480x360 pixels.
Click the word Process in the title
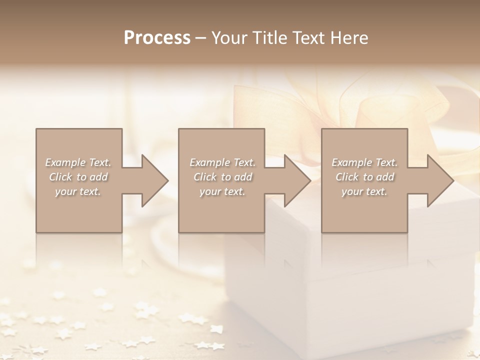(157, 37)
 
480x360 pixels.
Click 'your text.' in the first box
(78, 191)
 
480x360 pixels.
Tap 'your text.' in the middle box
(222, 191)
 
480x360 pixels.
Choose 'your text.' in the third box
(364, 191)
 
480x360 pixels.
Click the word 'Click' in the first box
(60, 177)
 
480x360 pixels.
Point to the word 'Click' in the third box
(346, 177)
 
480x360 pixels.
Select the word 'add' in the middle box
(243, 177)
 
